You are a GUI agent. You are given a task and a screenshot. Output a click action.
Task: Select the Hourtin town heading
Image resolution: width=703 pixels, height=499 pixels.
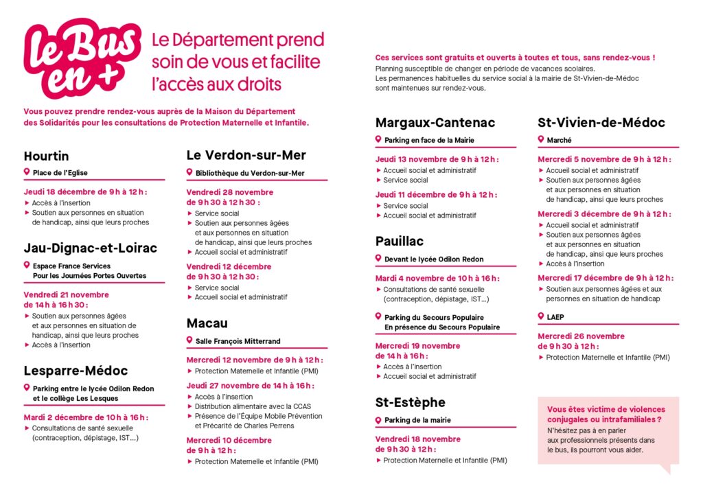pos(46,156)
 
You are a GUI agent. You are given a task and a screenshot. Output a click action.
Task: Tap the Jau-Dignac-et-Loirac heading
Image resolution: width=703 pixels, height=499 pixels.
pos(90,248)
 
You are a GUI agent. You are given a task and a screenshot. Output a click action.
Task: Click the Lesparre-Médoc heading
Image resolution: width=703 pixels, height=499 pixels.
pos(76,371)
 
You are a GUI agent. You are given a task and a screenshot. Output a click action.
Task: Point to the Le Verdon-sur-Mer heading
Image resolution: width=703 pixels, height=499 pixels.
pos(246,155)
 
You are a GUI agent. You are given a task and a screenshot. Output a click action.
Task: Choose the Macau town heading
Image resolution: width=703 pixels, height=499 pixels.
pos(207,323)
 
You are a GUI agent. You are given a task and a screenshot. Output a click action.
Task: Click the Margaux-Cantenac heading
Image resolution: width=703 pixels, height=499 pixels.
pos(435,123)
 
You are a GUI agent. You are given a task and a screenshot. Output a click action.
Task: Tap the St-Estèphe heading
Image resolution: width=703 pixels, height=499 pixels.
pos(410,402)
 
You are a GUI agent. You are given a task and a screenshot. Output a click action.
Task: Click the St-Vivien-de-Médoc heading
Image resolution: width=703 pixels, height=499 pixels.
pos(601,123)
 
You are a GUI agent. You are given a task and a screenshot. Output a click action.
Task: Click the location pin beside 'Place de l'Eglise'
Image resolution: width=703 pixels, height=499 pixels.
pos(27,172)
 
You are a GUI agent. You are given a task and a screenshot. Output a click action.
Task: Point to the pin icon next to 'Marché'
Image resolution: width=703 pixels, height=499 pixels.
pos(541,139)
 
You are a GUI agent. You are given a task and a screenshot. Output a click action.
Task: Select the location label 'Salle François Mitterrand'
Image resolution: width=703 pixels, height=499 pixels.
pos(238,341)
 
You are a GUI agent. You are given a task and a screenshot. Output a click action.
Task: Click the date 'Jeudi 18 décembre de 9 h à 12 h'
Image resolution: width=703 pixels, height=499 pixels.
pos(86,192)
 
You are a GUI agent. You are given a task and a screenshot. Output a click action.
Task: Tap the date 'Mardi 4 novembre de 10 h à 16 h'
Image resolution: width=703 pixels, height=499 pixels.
pos(437,278)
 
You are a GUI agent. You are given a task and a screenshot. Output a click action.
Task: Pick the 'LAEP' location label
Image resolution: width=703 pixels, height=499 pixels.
pos(555,317)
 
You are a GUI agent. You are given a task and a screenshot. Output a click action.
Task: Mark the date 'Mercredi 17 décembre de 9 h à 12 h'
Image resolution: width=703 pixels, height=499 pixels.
pos(605,278)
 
